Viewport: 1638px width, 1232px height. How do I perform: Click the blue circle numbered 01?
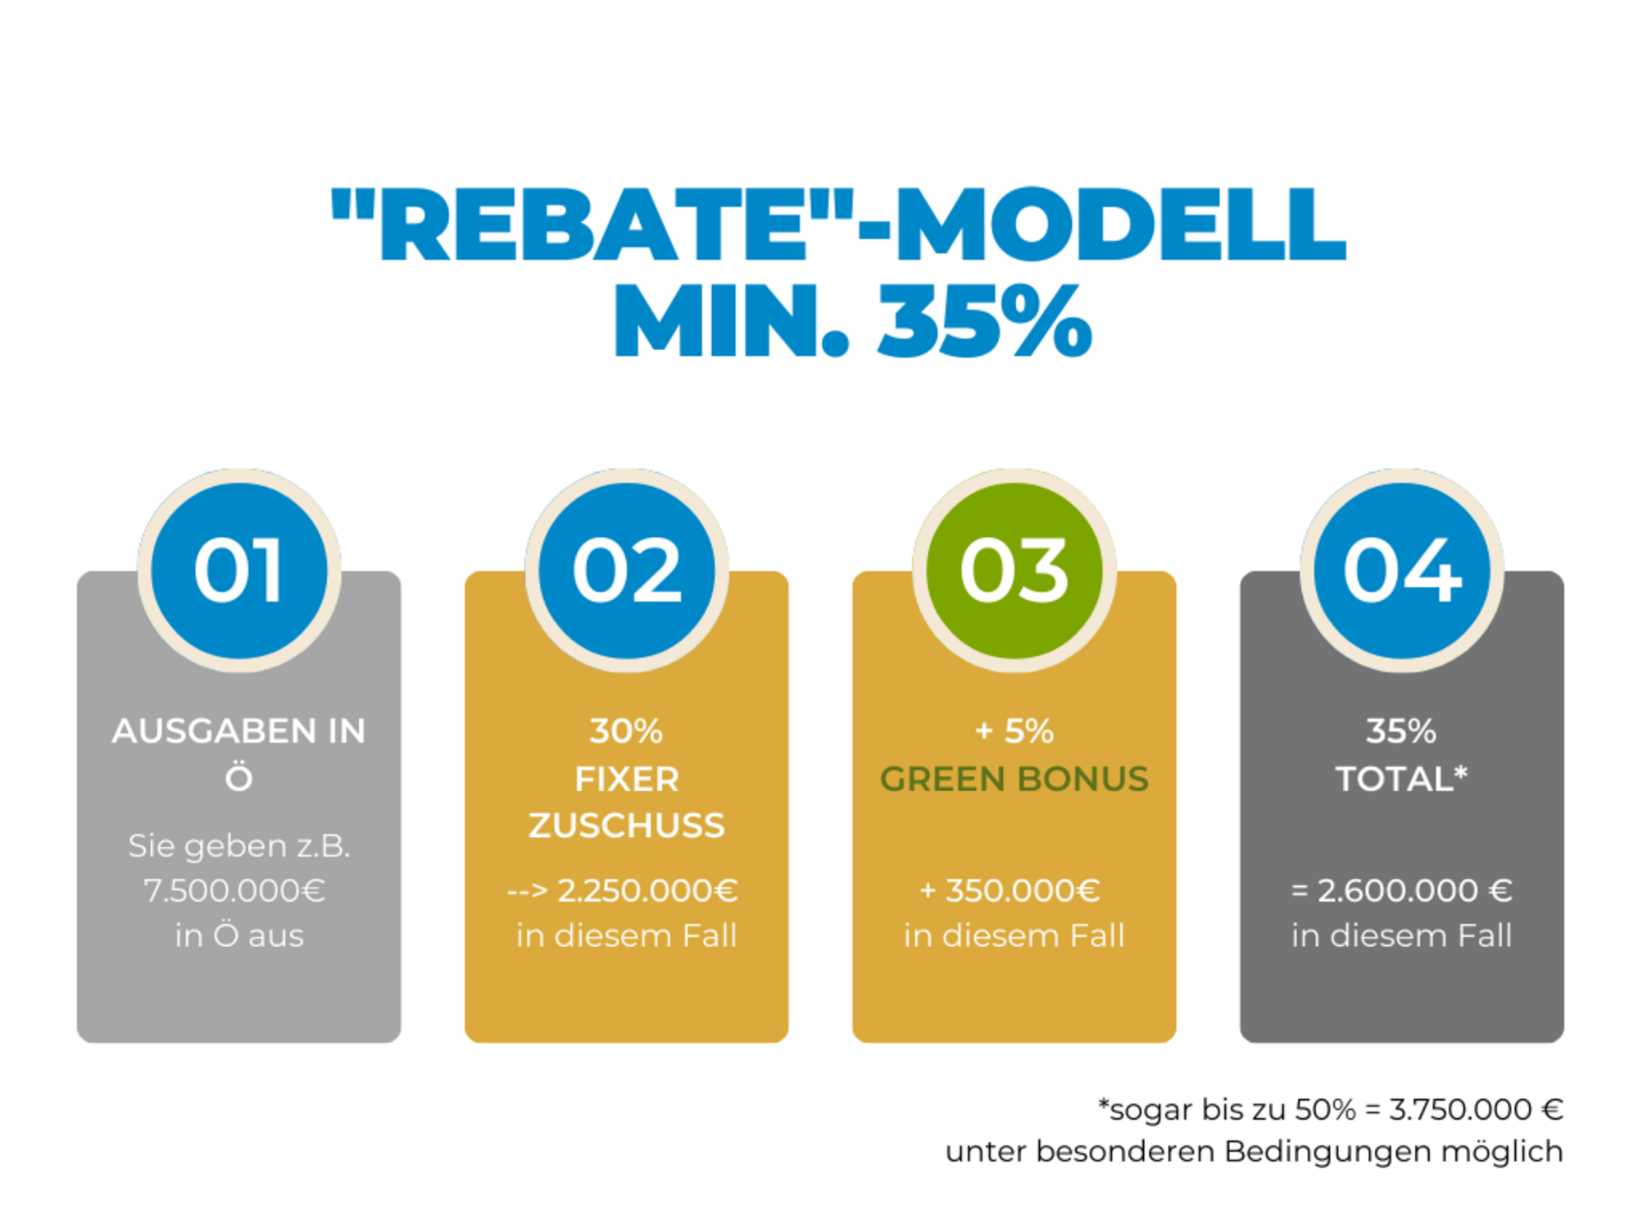pos(239,571)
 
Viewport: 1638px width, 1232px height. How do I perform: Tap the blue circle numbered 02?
pos(627,571)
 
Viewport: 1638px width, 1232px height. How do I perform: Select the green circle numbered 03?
pos(1014,571)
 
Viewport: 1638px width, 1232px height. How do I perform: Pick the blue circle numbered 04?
pos(1402,571)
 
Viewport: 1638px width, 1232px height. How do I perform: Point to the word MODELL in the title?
pos(1120,224)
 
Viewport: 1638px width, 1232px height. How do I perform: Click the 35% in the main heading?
pos(985,321)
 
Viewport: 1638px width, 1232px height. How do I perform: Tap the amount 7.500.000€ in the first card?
pos(235,890)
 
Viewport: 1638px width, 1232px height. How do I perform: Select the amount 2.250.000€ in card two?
pos(647,890)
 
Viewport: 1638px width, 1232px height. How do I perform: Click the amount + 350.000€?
pos(1010,890)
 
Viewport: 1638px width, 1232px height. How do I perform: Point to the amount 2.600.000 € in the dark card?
pos(1414,890)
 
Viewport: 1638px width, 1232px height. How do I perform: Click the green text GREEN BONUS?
pos(1014,779)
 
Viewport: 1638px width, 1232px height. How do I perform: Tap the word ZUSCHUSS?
pos(627,825)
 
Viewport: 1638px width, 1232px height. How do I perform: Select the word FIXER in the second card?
pos(627,779)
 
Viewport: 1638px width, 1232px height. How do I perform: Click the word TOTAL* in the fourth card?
pos(1401,778)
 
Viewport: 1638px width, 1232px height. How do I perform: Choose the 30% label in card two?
pos(626,731)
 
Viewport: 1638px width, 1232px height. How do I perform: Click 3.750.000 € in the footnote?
pos(1476,1109)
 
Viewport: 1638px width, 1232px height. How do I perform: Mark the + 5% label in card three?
pos(1014,731)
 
